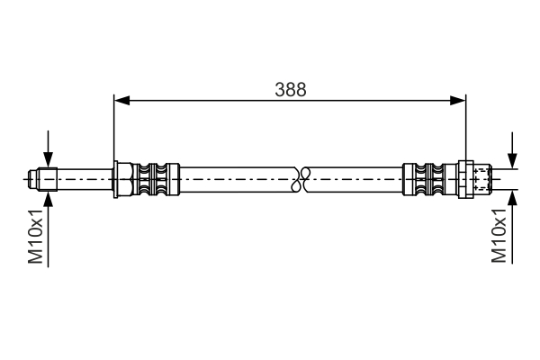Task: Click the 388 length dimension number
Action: click(x=291, y=89)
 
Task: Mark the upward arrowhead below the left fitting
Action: click(x=48, y=196)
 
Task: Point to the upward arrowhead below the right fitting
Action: click(x=512, y=196)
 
